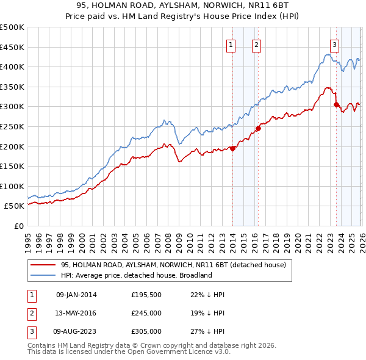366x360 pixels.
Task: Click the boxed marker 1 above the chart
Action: click(x=232, y=44)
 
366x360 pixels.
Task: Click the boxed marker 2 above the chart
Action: click(x=256, y=44)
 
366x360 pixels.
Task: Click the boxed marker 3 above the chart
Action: click(x=335, y=44)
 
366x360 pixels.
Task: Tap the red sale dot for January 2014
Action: click(x=232, y=148)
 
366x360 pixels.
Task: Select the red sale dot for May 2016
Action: click(x=258, y=128)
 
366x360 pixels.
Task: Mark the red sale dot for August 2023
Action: click(x=336, y=104)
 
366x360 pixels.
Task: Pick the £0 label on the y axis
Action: click(x=18, y=226)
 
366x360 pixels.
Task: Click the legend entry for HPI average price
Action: click(x=135, y=275)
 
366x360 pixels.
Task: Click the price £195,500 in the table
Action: click(x=146, y=295)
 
